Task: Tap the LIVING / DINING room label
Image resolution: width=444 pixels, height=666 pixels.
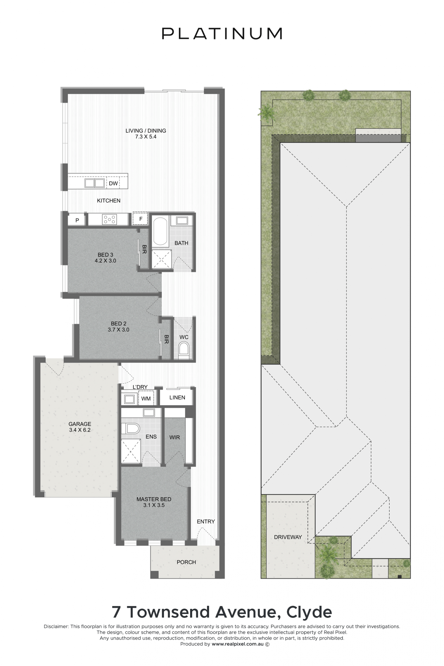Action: point(145,130)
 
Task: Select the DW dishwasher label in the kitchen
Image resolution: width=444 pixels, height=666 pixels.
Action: point(113,183)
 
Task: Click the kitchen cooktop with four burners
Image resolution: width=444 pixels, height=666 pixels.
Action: point(109,219)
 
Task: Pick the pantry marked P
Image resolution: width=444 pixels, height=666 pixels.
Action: point(77,220)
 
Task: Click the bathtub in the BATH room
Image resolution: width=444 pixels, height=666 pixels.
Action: point(160,231)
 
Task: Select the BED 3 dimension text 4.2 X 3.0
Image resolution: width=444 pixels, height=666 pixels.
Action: point(105,261)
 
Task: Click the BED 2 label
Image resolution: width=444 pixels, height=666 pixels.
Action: point(119,323)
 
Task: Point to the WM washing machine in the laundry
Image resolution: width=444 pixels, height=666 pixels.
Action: point(146,398)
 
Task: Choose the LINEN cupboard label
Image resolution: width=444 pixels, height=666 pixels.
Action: point(177,398)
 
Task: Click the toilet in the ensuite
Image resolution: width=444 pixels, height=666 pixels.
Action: point(130,429)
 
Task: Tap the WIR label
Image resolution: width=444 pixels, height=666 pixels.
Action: point(174,438)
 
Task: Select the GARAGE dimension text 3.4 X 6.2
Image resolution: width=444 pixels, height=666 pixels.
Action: point(80,430)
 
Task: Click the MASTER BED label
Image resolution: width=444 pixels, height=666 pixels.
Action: point(154,499)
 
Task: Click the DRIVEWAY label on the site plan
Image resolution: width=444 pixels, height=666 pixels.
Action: point(288,537)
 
